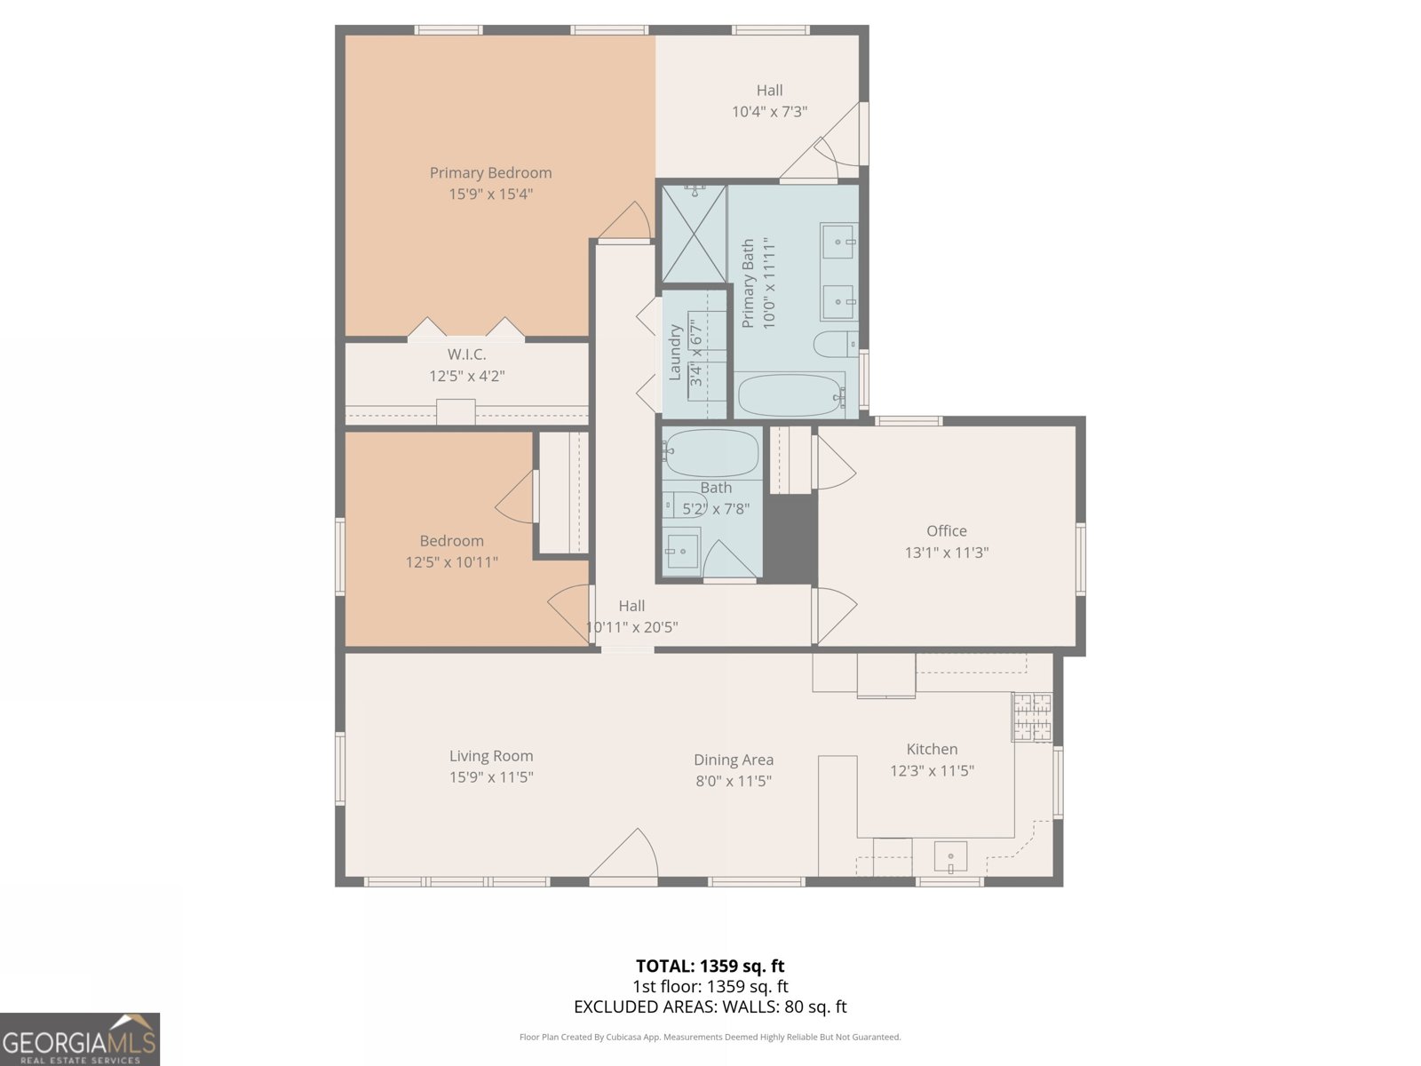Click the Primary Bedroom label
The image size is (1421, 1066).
(491, 173)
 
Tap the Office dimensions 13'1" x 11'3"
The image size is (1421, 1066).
(947, 552)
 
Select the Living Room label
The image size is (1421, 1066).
(491, 756)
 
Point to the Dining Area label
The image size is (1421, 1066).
(734, 760)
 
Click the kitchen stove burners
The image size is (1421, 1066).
(1033, 717)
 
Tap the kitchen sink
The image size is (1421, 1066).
(950, 857)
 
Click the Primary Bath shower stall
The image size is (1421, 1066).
(694, 234)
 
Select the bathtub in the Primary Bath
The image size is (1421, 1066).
(791, 394)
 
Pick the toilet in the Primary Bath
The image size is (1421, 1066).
(836, 345)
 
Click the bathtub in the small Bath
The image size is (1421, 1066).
(710, 452)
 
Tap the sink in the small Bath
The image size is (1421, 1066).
(682, 552)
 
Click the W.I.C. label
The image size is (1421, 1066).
(467, 354)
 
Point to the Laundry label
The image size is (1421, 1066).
(675, 353)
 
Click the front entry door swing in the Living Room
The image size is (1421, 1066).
(624, 855)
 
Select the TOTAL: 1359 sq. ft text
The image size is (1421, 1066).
(710, 966)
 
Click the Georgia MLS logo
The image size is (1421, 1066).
(80, 1039)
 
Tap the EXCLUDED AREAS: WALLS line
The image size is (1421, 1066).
(710, 1006)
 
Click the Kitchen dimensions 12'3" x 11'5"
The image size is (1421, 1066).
(933, 770)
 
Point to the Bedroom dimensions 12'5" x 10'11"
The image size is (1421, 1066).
(452, 561)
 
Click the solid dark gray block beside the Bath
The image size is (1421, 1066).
(790, 537)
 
